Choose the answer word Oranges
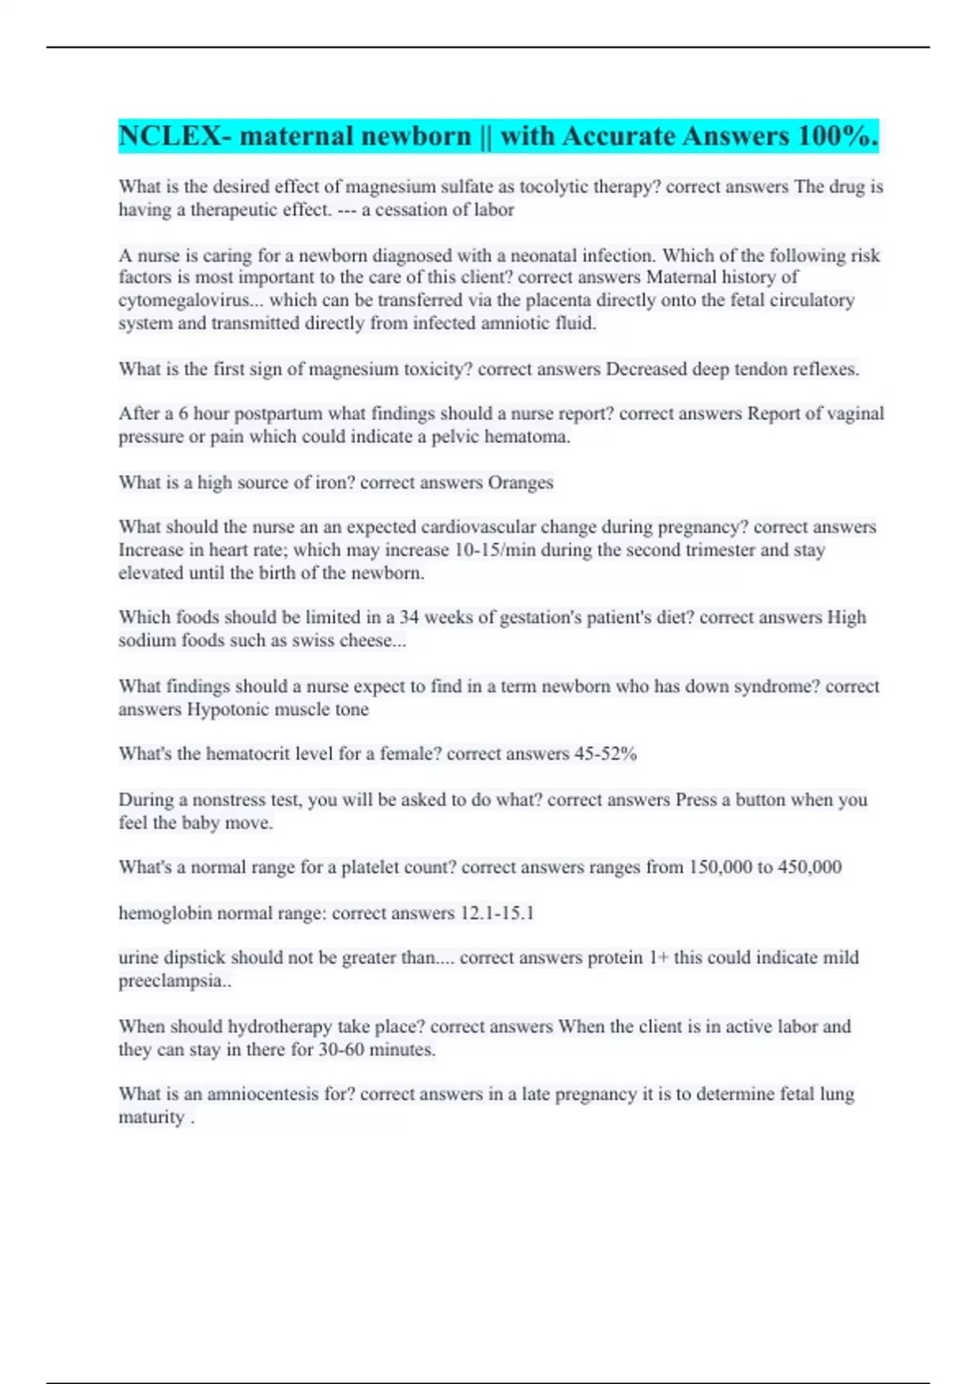pos(520,482)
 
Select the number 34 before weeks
pos(409,617)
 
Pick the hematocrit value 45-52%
pos(605,754)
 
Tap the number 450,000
pos(809,867)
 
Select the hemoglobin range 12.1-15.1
pos(497,913)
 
